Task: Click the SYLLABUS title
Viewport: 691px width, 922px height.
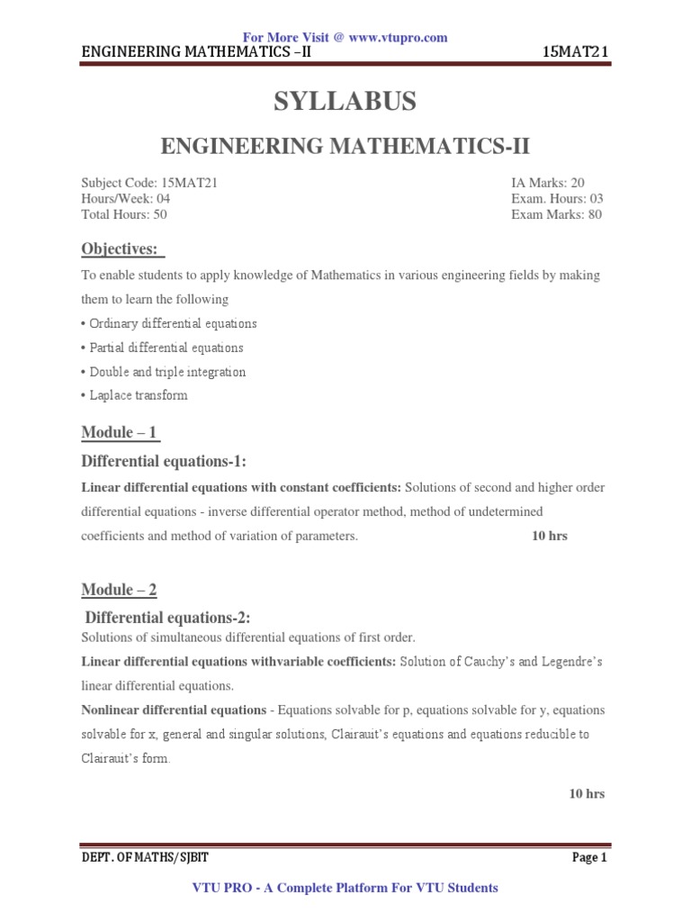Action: click(x=345, y=103)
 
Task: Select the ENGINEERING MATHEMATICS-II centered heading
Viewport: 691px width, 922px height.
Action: click(x=345, y=145)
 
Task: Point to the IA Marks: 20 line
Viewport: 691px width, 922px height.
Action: click(x=548, y=183)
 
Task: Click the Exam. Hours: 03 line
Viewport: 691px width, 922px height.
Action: click(x=557, y=198)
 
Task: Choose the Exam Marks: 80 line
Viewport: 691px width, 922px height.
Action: click(x=557, y=214)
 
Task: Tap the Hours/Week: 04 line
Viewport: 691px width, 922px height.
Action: click(x=126, y=198)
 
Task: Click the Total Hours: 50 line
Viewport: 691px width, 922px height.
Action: click(x=124, y=214)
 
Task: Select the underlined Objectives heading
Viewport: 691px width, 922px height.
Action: click(x=120, y=249)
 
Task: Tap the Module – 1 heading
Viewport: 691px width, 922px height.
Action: click(x=120, y=433)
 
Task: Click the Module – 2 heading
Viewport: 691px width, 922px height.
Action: click(x=120, y=590)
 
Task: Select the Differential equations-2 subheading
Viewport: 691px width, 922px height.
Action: click(x=166, y=617)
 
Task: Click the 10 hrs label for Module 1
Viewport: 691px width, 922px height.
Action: click(x=549, y=536)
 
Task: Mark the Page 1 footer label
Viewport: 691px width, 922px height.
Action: click(x=589, y=858)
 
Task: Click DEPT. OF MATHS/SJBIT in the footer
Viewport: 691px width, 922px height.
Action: click(x=145, y=858)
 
